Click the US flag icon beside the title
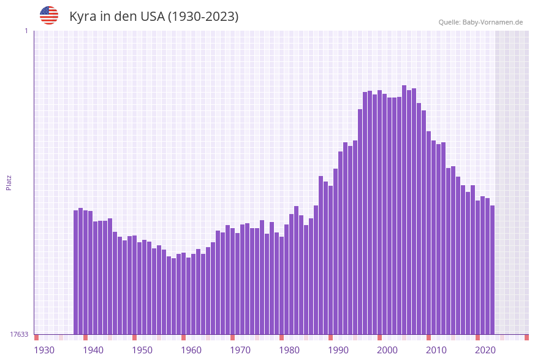coord(49,15)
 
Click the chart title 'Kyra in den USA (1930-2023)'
coord(154,17)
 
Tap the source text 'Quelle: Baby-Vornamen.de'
coord(480,22)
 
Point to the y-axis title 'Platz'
coord(9,182)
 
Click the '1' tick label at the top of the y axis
coord(26,31)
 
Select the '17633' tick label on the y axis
coord(18,334)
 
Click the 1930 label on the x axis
coord(44,350)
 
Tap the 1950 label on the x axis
coord(142,350)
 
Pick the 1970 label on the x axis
coord(240,350)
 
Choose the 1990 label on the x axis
coord(338,350)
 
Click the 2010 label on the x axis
coord(436,350)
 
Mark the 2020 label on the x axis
coord(485,350)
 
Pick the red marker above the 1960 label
coord(183,337)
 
